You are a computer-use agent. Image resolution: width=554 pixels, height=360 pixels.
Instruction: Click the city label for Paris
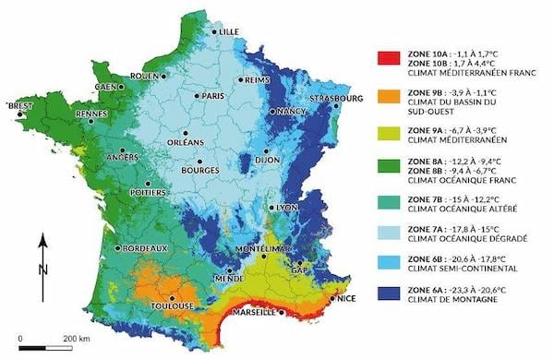coord(214,96)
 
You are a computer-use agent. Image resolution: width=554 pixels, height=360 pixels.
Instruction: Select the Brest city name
coord(19,106)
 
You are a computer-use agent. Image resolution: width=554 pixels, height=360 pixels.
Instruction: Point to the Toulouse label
coord(174,306)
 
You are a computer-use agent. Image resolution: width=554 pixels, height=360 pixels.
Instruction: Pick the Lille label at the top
coord(228,31)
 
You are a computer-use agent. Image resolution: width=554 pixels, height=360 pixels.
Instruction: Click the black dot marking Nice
coord(331,299)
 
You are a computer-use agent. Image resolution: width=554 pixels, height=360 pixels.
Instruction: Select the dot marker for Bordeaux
coord(116,248)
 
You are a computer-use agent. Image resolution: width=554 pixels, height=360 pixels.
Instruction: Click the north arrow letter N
coord(42,270)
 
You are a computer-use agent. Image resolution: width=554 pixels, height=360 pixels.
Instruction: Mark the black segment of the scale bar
coord(33,347)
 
